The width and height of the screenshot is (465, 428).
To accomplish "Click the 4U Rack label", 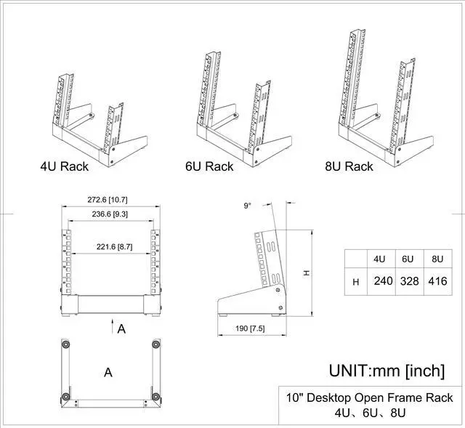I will [x=64, y=166].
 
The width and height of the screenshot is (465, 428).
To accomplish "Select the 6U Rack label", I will [x=209, y=166].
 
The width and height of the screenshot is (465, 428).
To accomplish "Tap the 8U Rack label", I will [x=349, y=166].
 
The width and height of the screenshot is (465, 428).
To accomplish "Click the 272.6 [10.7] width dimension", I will [x=108, y=199].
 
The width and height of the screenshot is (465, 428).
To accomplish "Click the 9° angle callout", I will [x=248, y=206].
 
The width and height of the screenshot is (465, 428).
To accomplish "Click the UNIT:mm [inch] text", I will [x=386, y=371].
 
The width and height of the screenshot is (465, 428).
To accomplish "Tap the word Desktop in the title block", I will [x=337, y=397].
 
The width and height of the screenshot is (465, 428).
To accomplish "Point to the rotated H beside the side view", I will [x=306, y=272].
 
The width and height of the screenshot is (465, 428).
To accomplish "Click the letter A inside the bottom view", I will [x=108, y=372].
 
